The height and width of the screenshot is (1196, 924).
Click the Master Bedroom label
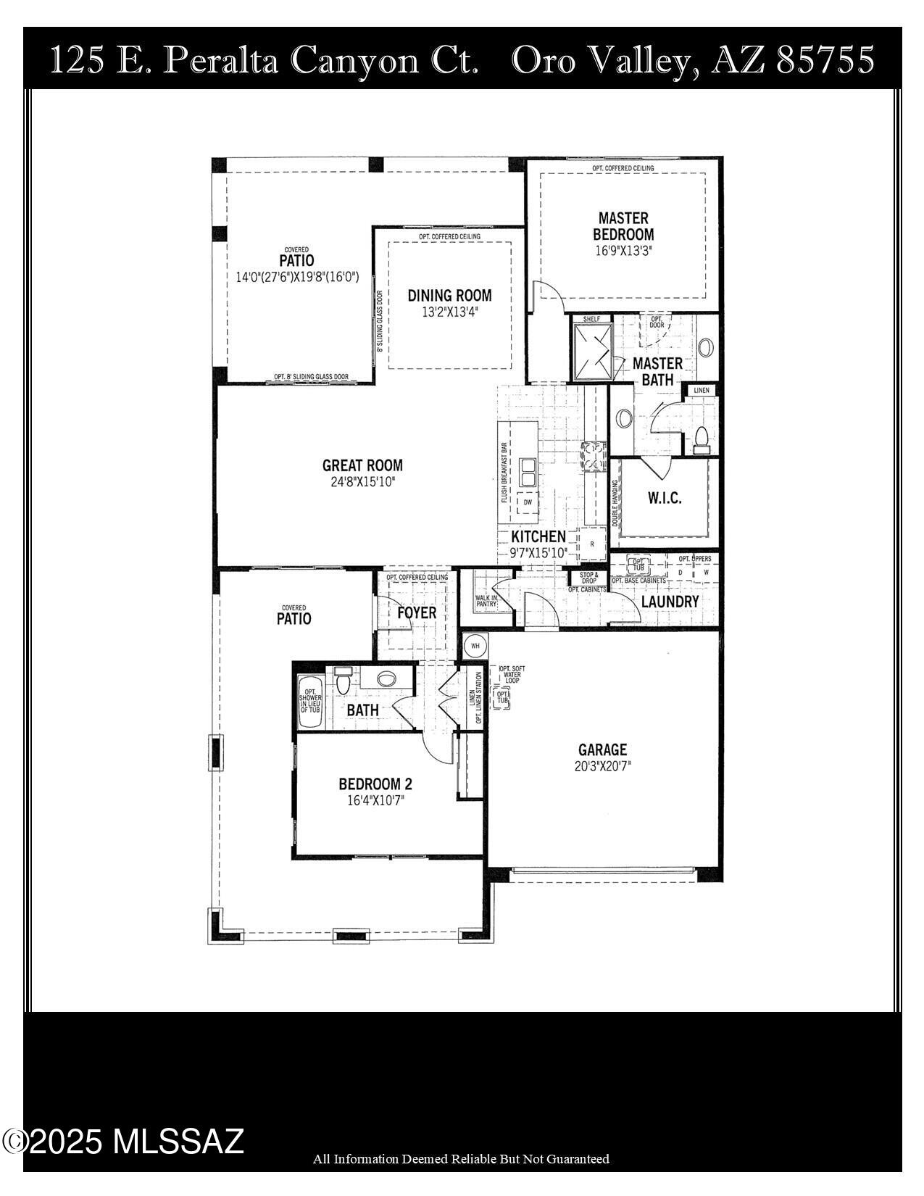coord(623,226)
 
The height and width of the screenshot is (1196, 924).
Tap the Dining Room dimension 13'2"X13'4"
coord(449,312)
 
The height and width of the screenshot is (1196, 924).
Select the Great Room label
coord(362,465)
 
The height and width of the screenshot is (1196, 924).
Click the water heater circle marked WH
coord(475,644)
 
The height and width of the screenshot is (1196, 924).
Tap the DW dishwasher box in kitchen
coord(527,502)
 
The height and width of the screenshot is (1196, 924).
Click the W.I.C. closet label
coord(664,499)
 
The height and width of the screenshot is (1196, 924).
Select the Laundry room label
coord(670,602)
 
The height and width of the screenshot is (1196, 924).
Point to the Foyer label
coord(417,612)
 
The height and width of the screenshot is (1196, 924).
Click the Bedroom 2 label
coord(375,784)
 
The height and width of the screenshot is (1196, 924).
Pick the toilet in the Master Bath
coord(701,439)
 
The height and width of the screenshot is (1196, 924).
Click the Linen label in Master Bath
coord(702,391)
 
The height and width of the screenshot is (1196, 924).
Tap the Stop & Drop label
coord(588,578)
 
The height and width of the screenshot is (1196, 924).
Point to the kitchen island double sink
coord(527,472)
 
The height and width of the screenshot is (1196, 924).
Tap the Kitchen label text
coord(538,536)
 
